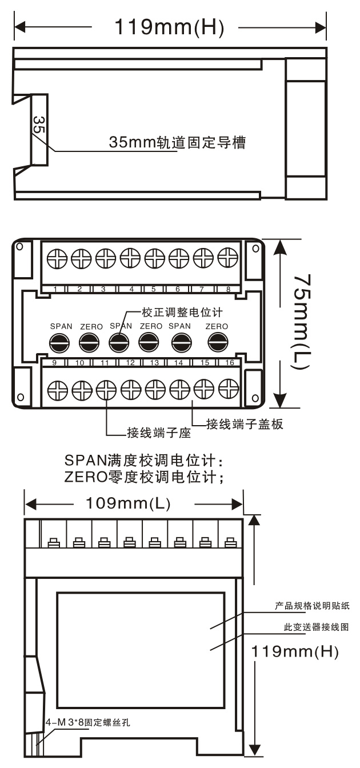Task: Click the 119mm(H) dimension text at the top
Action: point(169,27)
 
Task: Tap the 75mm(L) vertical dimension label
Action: point(301,322)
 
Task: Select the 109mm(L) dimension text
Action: point(128,503)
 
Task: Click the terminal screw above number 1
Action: point(57,258)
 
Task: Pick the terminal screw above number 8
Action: point(227,258)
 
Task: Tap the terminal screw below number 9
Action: point(57,390)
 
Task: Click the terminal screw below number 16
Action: point(229,389)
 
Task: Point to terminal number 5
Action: point(153,289)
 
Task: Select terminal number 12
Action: point(130,362)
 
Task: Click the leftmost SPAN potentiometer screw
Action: point(59,342)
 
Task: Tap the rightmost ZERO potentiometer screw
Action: point(218,342)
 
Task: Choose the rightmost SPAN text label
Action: point(179,326)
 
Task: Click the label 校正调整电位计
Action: point(182,313)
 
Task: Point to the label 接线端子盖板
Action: point(245,424)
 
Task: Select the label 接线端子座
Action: point(159,433)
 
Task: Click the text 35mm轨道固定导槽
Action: point(177,142)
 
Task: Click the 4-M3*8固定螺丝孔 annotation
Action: point(88,722)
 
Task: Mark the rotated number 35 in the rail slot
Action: point(39,125)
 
